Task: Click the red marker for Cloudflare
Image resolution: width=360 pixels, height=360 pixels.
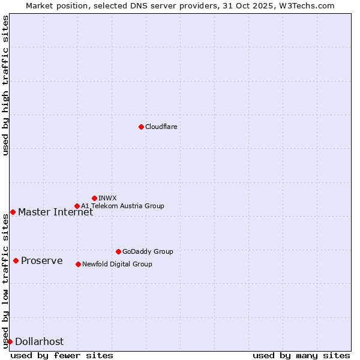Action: (141, 127)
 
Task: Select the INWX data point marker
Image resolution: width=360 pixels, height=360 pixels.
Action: (94, 198)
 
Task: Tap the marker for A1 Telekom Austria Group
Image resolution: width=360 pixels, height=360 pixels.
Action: (77, 206)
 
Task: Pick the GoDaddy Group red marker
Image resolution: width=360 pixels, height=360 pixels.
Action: (118, 251)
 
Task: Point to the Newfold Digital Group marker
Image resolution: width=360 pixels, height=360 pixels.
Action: (78, 264)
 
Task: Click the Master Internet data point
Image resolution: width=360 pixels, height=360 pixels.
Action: (13, 212)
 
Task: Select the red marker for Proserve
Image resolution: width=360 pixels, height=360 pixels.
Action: (16, 260)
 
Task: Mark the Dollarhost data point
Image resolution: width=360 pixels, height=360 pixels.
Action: (10, 341)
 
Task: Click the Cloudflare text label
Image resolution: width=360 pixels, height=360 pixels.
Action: (161, 127)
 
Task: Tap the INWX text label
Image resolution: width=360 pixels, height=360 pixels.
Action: (107, 198)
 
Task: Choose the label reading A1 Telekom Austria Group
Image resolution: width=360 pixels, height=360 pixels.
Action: (122, 206)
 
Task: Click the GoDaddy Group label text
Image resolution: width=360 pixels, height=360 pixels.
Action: (148, 251)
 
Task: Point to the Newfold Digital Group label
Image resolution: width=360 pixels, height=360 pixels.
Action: (117, 264)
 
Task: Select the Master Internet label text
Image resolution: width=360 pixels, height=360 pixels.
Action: (55, 212)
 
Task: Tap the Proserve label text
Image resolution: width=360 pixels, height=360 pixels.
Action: (42, 260)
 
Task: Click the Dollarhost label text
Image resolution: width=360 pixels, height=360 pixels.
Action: (39, 341)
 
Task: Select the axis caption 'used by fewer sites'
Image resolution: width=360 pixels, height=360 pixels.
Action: (62, 355)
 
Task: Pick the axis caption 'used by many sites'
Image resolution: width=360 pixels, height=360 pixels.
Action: (301, 355)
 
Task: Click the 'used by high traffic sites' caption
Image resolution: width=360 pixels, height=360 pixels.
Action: (5, 85)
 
